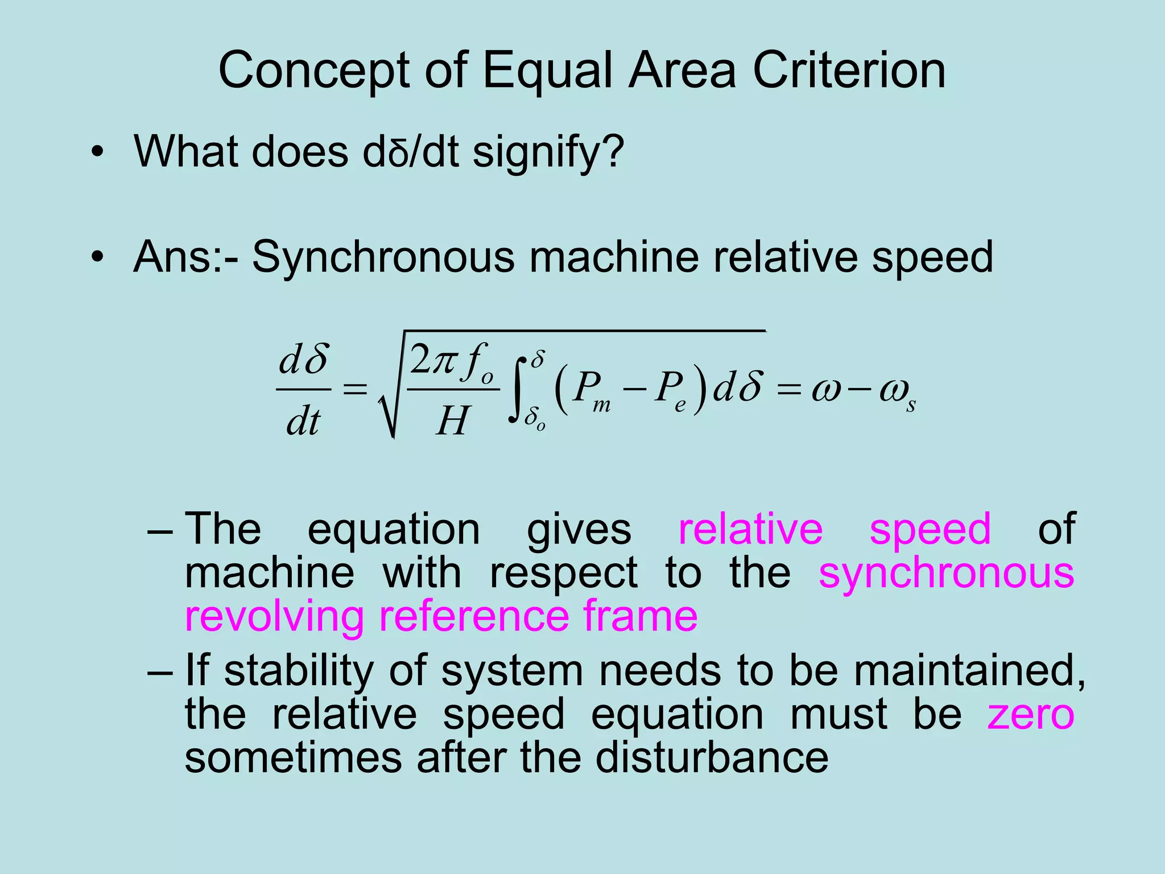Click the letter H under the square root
(x=453, y=422)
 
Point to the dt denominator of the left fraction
(x=303, y=422)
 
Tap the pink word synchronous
(x=946, y=574)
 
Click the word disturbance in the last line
(x=712, y=758)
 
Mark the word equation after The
(x=394, y=529)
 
